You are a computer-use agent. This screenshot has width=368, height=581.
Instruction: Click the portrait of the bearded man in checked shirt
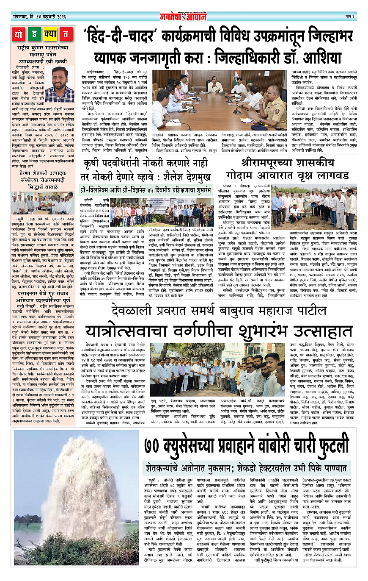point(60,84)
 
